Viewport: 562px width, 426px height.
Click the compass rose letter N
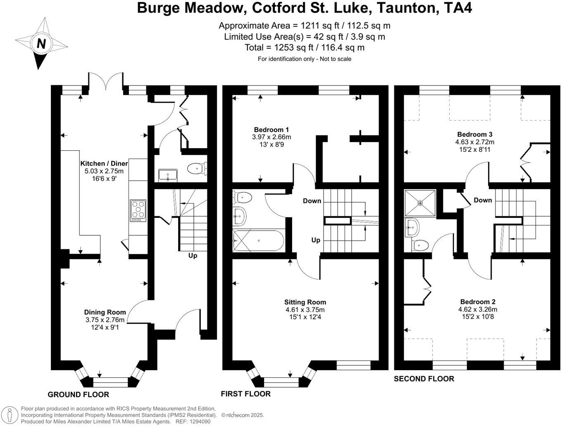pyautogui.click(x=41, y=43)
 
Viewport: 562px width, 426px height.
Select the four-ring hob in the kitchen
pyautogui.click(x=138, y=209)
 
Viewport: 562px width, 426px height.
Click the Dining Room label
pyautogui.click(x=105, y=312)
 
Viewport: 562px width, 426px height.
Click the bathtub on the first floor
pyautogui.click(x=258, y=241)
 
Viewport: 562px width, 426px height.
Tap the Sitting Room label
pyautogui.click(x=305, y=302)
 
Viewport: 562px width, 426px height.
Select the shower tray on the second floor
pyautogui.click(x=420, y=203)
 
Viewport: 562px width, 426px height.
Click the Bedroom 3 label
pyautogui.click(x=474, y=134)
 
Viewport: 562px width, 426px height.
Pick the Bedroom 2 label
pyautogui.click(x=478, y=302)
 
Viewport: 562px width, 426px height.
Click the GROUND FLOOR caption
pyautogui.click(x=79, y=395)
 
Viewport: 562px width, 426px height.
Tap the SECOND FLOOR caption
pyautogui.click(x=424, y=379)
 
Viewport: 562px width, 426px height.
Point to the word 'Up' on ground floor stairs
pyautogui.click(x=193, y=256)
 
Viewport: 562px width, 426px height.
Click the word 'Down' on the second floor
pyautogui.click(x=483, y=200)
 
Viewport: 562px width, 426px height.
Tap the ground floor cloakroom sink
pyautogui.click(x=168, y=175)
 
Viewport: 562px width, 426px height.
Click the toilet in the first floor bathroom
pyautogui.click(x=243, y=198)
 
